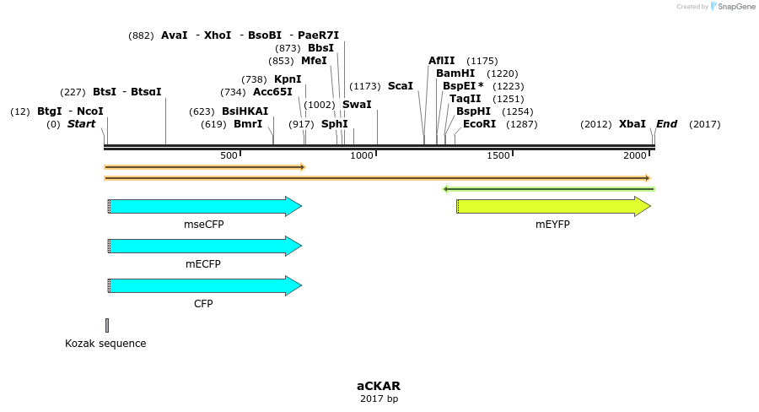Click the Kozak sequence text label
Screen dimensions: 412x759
[x=105, y=344]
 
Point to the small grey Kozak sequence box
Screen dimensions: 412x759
[x=107, y=325]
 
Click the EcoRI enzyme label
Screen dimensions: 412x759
[x=479, y=124]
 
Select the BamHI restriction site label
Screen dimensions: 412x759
[x=455, y=73]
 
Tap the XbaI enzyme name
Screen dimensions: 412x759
[x=632, y=124]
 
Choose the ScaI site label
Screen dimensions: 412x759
[x=401, y=86]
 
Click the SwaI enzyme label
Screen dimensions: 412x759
[x=357, y=105]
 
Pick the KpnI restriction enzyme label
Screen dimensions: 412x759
[x=288, y=79]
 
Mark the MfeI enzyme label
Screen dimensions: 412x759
[x=314, y=61]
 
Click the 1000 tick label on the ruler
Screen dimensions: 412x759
[x=362, y=155]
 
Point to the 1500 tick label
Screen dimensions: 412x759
[x=498, y=155]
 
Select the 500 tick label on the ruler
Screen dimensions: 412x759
[x=229, y=155]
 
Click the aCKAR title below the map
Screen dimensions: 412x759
[x=379, y=387]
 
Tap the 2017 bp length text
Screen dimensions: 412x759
[x=379, y=398]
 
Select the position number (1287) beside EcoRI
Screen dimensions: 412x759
[x=521, y=124]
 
